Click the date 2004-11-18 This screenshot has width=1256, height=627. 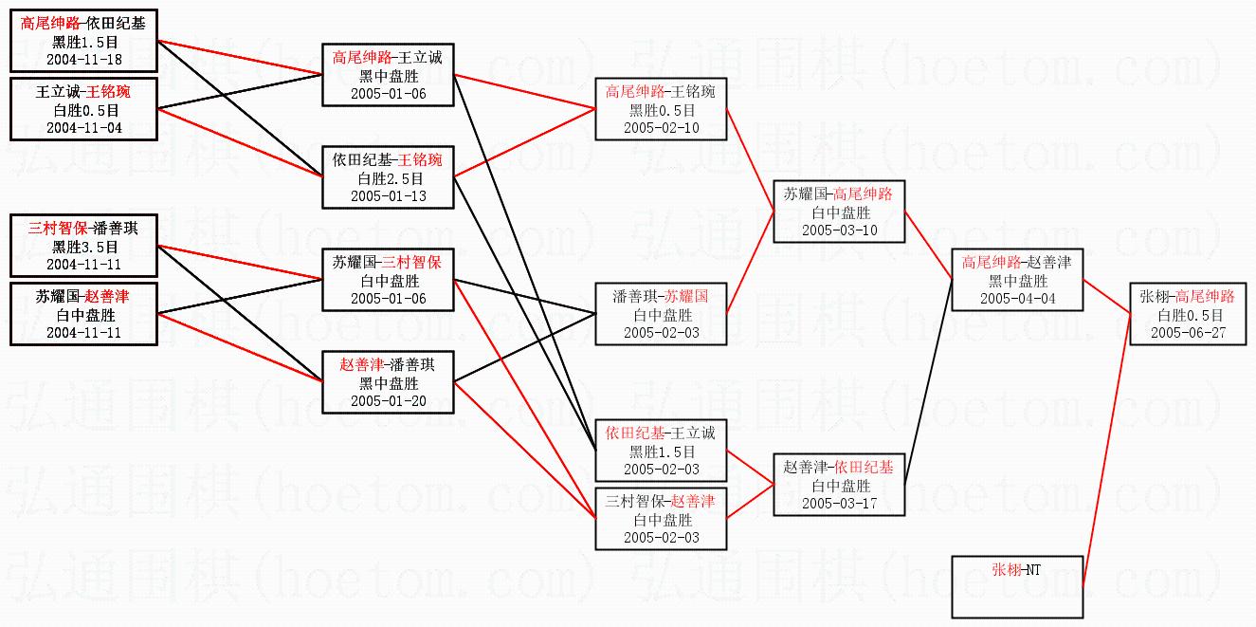click(83, 59)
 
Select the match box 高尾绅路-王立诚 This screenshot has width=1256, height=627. click(387, 75)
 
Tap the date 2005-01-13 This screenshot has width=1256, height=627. click(387, 195)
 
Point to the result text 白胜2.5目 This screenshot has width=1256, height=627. click(387, 177)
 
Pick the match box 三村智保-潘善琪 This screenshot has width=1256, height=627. click(83, 247)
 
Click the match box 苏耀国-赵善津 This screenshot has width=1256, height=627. click(83, 314)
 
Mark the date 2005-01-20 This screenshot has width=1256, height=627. click(387, 400)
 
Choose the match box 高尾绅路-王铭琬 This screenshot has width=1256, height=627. click(660, 109)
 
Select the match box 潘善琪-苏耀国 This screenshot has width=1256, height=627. click(660, 314)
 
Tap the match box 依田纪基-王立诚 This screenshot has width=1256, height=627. click(660, 451)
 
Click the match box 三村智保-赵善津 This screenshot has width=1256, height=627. click(660, 519)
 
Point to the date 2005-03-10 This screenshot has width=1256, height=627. click(839, 230)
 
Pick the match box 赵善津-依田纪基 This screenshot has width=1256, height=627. click(839, 485)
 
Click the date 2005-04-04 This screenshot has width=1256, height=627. click(1017, 298)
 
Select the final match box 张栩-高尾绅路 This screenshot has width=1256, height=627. click(1188, 314)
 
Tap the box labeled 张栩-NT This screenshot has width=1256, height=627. click(1017, 586)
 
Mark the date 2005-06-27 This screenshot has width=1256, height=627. click(1188, 332)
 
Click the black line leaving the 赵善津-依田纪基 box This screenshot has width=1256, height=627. click(929, 379)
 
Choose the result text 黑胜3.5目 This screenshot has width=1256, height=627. click(83, 247)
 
